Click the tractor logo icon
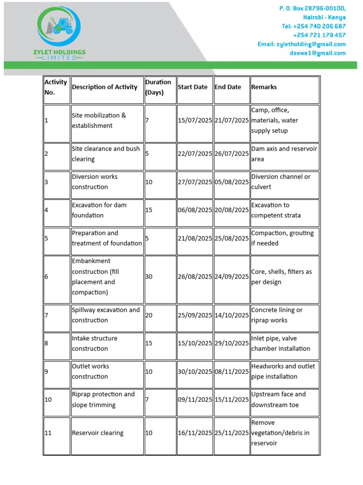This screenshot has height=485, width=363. tap(59, 25)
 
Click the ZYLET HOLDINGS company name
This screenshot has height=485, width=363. tap(60, 52)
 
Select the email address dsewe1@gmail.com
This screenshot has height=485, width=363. tap(317, 53)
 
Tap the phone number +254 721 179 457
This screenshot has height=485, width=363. tap(319, 35)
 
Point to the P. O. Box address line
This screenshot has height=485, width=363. tap(312, 8)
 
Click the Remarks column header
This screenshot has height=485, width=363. tap(264, 87)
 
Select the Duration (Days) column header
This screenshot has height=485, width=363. tap(158, 87)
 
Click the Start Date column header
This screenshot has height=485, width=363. tap(192, 87)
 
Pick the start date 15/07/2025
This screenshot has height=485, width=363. tap(195, 120)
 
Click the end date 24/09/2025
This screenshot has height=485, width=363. tap(232, 277)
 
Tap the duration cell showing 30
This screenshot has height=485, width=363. tap(149, 277)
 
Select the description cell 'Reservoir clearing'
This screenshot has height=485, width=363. tap(97, 433)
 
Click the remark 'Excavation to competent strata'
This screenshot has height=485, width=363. tap(276, 210)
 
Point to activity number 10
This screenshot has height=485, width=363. tap(48, 400)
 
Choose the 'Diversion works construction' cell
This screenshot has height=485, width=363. tap(95, 182)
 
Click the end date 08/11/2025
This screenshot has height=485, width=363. tap(232, 372)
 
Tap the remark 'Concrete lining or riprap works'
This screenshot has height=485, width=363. tap(277, 315)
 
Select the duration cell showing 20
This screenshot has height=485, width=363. tap(149, 315)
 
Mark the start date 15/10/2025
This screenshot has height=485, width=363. tap(195, 343)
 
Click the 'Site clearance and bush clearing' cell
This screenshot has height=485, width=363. tap(105, 154)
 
